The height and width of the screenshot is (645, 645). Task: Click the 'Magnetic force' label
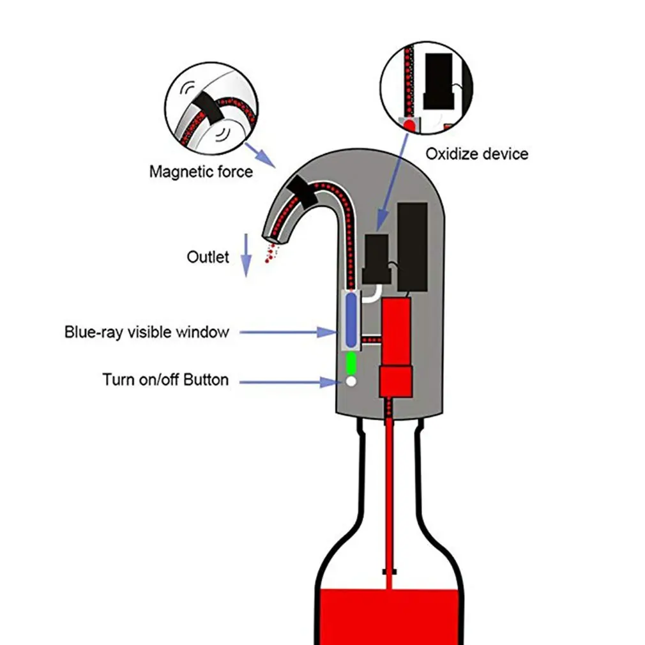(201, 172)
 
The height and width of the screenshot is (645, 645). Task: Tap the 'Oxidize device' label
(476, 154)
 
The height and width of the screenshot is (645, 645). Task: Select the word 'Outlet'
(208, 257)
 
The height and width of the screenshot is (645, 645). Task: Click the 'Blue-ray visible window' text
(146, 332)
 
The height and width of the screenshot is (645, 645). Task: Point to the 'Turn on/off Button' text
(165, 380)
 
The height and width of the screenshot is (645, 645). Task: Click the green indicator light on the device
(350, 363)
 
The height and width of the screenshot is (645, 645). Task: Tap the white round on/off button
(350, 381)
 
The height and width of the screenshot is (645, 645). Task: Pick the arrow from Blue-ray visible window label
(287, 332)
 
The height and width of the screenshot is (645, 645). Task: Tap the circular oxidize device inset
(426, 87)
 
